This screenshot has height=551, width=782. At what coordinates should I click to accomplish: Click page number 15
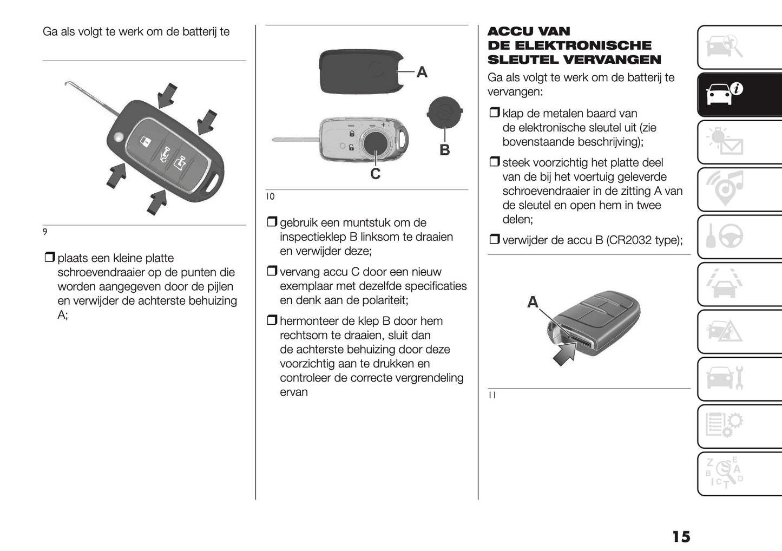[x=681, y=537]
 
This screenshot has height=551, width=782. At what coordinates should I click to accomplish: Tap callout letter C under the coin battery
[x=375, y=174]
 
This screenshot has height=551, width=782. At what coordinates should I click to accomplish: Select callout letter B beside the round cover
[x=444, y=150]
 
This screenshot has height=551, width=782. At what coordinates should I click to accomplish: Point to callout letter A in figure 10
[x=422, y=73]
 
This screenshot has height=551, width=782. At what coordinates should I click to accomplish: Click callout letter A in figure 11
[x=533, y=302]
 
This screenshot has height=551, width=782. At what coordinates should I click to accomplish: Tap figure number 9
[x=45, y=232]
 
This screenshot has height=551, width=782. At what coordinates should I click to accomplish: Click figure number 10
[x=270, y=196]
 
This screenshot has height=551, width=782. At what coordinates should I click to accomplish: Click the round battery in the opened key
[x=375, y=144]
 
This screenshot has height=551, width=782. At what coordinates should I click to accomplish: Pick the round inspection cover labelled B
[x=445, y=113]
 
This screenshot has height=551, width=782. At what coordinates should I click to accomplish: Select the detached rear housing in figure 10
[x=362, y=71]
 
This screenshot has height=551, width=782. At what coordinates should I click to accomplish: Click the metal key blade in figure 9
[x=93, y=99]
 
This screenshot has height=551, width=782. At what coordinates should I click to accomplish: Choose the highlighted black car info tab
[x=739, y=95]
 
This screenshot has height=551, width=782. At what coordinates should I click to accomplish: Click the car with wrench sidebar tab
[x=739, y=379]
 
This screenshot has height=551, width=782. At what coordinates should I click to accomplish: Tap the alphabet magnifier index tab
[x=739, y=474]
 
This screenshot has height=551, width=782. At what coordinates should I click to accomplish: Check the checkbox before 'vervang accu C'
[x=272, y=271]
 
